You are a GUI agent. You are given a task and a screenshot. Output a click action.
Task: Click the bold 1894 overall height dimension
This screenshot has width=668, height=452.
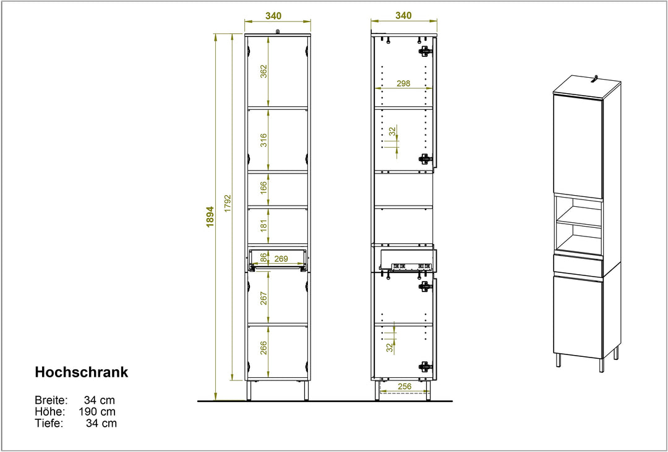(x=210, y=217)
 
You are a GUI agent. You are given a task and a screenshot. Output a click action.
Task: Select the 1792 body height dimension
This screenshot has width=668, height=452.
(x=228, y=204)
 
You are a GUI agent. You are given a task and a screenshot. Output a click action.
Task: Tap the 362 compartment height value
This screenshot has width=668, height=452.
(x=263, y=71)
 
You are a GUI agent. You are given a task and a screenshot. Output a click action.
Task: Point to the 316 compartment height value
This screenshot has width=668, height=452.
(x=263, y=140)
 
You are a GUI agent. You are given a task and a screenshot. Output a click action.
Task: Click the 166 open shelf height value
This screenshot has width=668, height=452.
(x=263, y=188)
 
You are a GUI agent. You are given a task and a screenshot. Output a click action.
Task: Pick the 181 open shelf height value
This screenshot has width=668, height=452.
(x=263, y=225)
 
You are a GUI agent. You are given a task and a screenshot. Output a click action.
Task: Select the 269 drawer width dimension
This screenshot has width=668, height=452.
(x=281, y=258)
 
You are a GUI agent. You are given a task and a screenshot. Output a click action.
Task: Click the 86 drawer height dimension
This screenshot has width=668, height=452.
(x=263, y=257)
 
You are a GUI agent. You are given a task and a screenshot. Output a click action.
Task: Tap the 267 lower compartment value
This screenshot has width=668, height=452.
(x=263, y=298)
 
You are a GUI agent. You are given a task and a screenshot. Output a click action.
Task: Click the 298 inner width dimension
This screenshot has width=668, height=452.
(x=403, y=83)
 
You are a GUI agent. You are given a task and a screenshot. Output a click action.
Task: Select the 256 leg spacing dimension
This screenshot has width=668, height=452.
(x=404, y=386)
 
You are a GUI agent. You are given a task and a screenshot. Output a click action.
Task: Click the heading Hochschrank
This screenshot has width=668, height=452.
(x=82, y=372)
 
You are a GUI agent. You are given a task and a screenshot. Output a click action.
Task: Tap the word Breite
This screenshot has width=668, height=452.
(x=51, y=400)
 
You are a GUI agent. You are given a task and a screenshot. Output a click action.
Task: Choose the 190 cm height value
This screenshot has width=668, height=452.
(x=97, y=412)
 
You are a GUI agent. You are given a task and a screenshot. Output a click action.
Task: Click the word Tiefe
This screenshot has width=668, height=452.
(x=49, y=423)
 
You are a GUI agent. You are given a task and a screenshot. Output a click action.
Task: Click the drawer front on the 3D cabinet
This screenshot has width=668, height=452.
(x=578, y=265)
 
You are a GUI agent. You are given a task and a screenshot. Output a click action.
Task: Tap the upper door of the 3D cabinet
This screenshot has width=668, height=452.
(x=578, y=147)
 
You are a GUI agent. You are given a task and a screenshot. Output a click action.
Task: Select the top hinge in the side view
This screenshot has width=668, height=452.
(x=424, y=51)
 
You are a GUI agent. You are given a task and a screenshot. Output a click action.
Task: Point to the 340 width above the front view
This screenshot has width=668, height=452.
(x=273, y=15)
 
